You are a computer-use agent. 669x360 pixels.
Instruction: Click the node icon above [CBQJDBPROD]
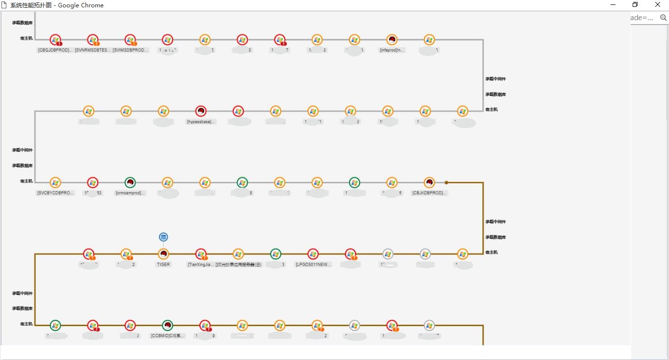tap(56, 40)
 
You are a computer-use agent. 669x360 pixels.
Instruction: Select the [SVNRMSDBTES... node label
tap(93, 50)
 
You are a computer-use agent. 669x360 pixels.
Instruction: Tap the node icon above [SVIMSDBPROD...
tap(130, 40)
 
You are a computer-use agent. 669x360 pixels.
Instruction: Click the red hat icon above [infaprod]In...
tap(391, 40)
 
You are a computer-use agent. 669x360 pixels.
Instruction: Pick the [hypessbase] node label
tap(201, 121)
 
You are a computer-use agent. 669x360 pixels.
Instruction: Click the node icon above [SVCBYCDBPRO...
tap(56, 183)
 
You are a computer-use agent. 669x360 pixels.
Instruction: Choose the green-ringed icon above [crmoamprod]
tap(130, 183)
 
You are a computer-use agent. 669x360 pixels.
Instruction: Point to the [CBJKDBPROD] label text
tap(429, 193)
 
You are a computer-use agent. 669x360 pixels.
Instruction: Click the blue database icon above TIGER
tap(164, 237)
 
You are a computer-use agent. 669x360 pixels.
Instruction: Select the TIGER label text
tap(164, 264)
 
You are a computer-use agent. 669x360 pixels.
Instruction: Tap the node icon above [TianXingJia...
tap(201, 254)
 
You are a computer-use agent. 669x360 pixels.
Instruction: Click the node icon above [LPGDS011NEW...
tap(313, 254)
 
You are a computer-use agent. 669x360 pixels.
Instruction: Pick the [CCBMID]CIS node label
tap(168, 336)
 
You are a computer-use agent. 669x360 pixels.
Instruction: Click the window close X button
tap(658, 5)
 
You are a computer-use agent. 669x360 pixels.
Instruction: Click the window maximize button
tap(635, 5)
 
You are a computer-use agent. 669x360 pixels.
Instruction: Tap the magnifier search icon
tap(663, 18)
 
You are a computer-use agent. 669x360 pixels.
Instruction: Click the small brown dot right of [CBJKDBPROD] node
tap(446, 183)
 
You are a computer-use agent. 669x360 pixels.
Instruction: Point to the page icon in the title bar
tap(4, 5)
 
